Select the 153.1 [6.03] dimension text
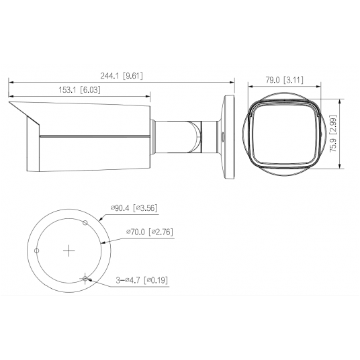79,90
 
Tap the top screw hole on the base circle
85,222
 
